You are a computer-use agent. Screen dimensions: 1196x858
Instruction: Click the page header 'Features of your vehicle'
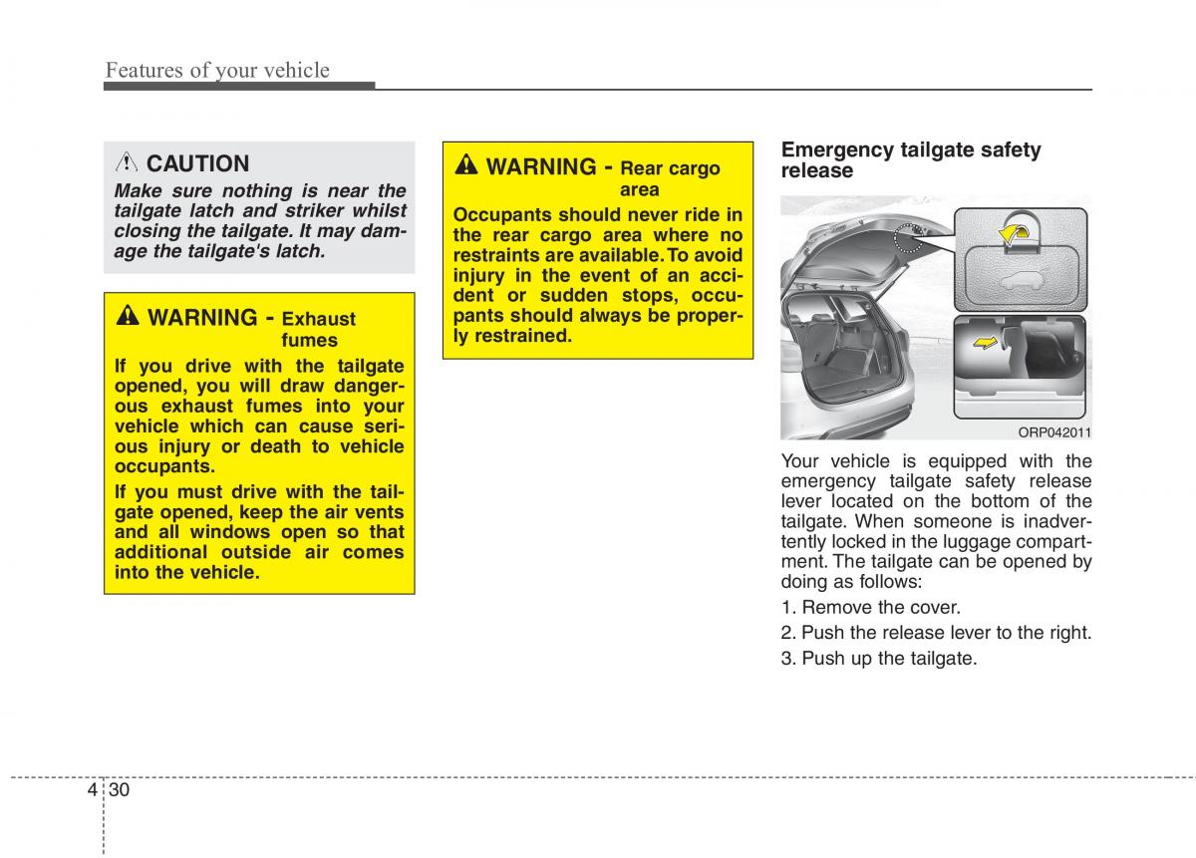(217, 71)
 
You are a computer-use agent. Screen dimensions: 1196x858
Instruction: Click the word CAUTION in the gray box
(197, 163)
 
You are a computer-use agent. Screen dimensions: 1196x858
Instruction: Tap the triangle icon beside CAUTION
(127, 162)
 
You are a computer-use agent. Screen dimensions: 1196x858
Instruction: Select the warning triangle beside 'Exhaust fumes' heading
(128, 315)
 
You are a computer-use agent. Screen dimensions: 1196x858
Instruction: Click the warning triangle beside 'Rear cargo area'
(466, 164)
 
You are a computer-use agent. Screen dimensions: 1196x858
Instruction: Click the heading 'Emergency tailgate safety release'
(911, 159)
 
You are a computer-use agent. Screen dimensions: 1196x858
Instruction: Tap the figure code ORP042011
(1054, 431)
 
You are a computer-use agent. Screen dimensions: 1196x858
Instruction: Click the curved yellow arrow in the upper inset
(1012, 233)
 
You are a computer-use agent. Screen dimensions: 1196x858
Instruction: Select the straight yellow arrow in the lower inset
(985, 342)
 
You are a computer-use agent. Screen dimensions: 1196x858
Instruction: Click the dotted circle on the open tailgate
(908, 237)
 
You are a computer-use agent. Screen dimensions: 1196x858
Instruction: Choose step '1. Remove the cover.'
(871, 607)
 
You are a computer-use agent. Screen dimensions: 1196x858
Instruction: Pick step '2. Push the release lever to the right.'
(936, 632)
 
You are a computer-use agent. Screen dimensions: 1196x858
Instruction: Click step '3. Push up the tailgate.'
(879, 659)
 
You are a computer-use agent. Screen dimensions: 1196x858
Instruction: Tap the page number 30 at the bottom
(119, 789)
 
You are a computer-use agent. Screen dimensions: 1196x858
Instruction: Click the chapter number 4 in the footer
(93, 789)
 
